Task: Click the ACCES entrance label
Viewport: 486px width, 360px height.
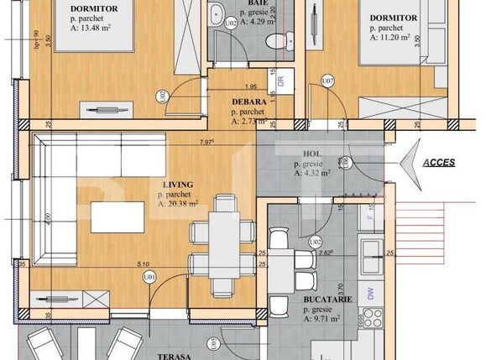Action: pyautogui.click(x=439, y=163)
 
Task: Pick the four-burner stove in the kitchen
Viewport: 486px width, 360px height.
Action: pyautogui.click(x=370, y=320)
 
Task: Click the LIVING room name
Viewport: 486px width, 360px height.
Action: pyautogui.click(x=177, y=184)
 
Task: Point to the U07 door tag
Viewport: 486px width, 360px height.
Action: pyautogui.click(x=328, y=81)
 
